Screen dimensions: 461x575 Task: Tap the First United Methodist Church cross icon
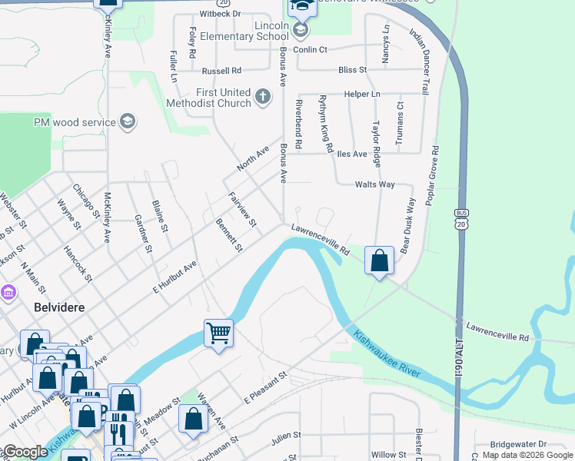click(263, 96)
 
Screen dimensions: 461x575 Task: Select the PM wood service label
click(75, 122)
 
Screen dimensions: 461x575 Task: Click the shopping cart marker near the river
click(218, 333)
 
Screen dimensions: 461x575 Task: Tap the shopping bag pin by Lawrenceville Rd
click(380, 260)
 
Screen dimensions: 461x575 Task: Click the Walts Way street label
click(374, 184)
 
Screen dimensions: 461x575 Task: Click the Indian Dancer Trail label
click(419, 57)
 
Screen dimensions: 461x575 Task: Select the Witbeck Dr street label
click(221, 14)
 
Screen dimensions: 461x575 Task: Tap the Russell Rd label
click(221, 71)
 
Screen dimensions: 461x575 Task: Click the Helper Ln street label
click(362, 94)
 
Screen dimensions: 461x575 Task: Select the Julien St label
click(286, 436)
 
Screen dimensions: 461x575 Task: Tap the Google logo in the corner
click(25, 452)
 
